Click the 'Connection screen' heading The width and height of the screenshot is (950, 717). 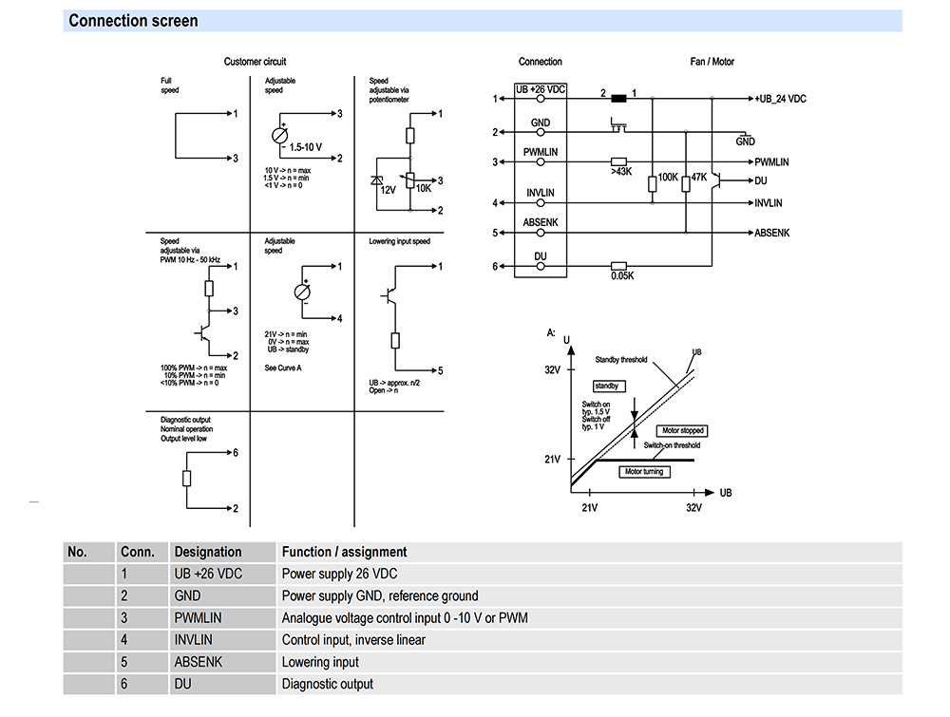point(134,21)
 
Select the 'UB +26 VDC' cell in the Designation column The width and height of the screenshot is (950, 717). point(208,574)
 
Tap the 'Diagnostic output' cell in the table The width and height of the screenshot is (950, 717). point(327,684)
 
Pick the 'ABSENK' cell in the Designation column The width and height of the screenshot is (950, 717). point(198,662)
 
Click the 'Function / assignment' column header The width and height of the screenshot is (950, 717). point(344,552)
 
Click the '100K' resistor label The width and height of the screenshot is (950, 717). point(668,178)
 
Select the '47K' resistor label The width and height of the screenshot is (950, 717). point(699,178)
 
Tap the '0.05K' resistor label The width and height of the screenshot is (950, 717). point(622,276)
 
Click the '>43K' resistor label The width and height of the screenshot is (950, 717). point(621,172)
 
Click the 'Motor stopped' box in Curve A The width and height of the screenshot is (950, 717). point(682,430)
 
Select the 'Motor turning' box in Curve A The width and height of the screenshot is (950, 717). point(644,471)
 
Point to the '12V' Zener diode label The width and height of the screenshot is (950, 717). point(388,190)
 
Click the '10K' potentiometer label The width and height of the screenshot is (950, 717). point(424,188)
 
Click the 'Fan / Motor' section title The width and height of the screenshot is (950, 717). point(712,62)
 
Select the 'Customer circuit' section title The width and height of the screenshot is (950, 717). point(255,62)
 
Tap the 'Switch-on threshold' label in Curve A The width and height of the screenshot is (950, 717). point(672,445)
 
